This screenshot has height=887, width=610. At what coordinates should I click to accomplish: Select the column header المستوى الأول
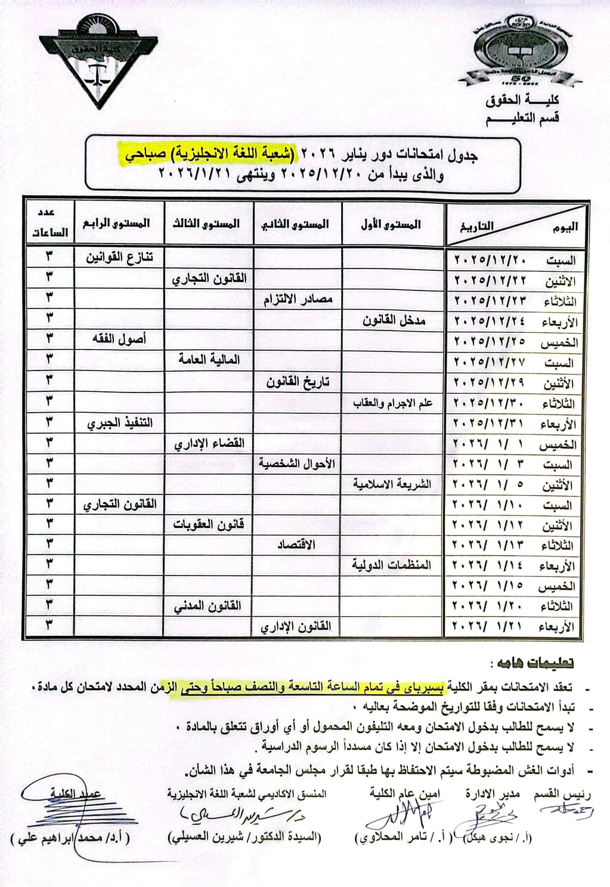tap(391, 225)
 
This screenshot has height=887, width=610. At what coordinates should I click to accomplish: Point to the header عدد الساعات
tap(49, 224)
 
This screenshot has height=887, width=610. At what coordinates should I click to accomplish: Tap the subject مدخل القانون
tap(394, 320)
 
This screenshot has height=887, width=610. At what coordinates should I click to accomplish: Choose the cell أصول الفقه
tap(119, 339)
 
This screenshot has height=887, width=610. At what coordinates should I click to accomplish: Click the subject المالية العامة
tap(209, 360)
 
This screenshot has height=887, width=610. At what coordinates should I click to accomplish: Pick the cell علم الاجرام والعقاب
tap(392, 403)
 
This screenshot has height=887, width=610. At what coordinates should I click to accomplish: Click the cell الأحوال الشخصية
tap(296, 463)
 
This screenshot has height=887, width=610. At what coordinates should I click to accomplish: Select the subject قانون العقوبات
tap(208, 524)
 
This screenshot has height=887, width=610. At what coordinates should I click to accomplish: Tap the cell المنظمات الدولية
tap(391, 565)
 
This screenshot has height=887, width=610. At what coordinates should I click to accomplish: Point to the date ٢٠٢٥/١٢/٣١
tap(490, 424)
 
